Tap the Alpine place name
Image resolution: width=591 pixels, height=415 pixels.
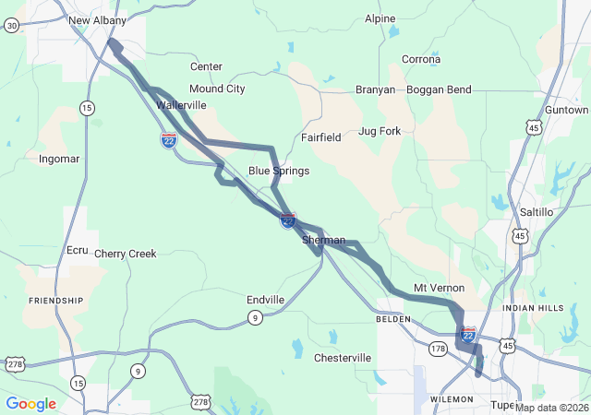pos(380,18)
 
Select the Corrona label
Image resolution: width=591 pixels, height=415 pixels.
pos(421,59)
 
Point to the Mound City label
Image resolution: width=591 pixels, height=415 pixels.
pos(217,89)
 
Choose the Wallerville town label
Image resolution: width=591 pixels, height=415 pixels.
pos(181,105)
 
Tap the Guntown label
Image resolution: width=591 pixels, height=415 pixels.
pos(566,110)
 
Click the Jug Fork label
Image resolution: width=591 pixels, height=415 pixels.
pos(380,131)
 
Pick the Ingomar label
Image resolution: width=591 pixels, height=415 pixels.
pos(59,159)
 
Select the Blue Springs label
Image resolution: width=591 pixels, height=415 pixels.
pos(279,171)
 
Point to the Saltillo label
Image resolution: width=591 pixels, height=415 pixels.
pos(537,212)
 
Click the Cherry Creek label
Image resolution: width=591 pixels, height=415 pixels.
pos(126,254)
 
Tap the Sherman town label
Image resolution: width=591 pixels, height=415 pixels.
pos(323,240)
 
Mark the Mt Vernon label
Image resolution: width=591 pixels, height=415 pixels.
pos(439,288)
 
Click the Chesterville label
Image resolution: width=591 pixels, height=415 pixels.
pos(343,358)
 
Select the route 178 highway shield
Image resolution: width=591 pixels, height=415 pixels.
pos(438,348)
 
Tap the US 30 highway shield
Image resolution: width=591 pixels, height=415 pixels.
pos(11,26)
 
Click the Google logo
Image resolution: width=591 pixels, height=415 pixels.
pos(30,404)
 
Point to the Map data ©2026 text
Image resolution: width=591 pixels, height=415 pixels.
pos(552,408)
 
